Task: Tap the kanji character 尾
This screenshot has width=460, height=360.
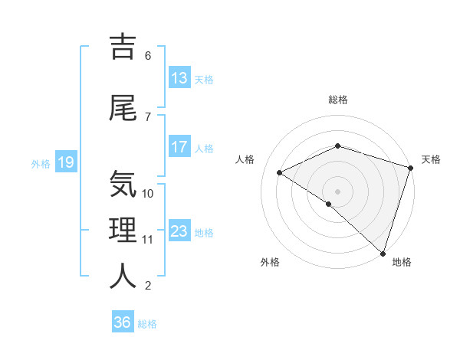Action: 123,108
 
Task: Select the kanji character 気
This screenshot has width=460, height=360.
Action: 123,185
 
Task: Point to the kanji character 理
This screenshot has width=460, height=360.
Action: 123,230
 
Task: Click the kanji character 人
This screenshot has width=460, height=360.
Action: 123,276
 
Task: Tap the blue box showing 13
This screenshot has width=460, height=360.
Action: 179,78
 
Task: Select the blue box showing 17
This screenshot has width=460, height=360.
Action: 179,147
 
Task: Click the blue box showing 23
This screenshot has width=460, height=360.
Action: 179,231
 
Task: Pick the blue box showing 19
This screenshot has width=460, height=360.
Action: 65,162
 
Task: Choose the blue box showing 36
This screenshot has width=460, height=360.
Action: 123,322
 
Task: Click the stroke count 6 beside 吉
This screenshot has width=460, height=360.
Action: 148,56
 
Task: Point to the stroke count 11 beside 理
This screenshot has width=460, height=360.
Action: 148,240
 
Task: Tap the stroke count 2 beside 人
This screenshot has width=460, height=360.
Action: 148,286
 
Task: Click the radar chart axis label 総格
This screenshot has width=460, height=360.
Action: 337,100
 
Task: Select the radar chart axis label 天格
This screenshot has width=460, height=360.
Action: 431,159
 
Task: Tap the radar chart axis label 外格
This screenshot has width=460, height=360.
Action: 270,262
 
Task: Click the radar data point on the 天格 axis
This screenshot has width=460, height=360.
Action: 410,168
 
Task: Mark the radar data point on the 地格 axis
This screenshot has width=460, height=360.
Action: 383,252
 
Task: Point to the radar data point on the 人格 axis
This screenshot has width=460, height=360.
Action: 280,172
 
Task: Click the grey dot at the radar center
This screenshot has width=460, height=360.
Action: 337,191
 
